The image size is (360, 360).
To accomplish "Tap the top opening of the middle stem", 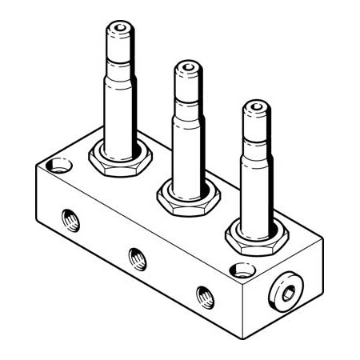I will pyautogui.click(x=189, y=66).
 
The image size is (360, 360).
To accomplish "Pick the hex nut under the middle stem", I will pyautogui.click(x=188, y=194).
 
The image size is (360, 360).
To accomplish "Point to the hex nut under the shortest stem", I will pyautogui.click(x=255, y=234).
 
